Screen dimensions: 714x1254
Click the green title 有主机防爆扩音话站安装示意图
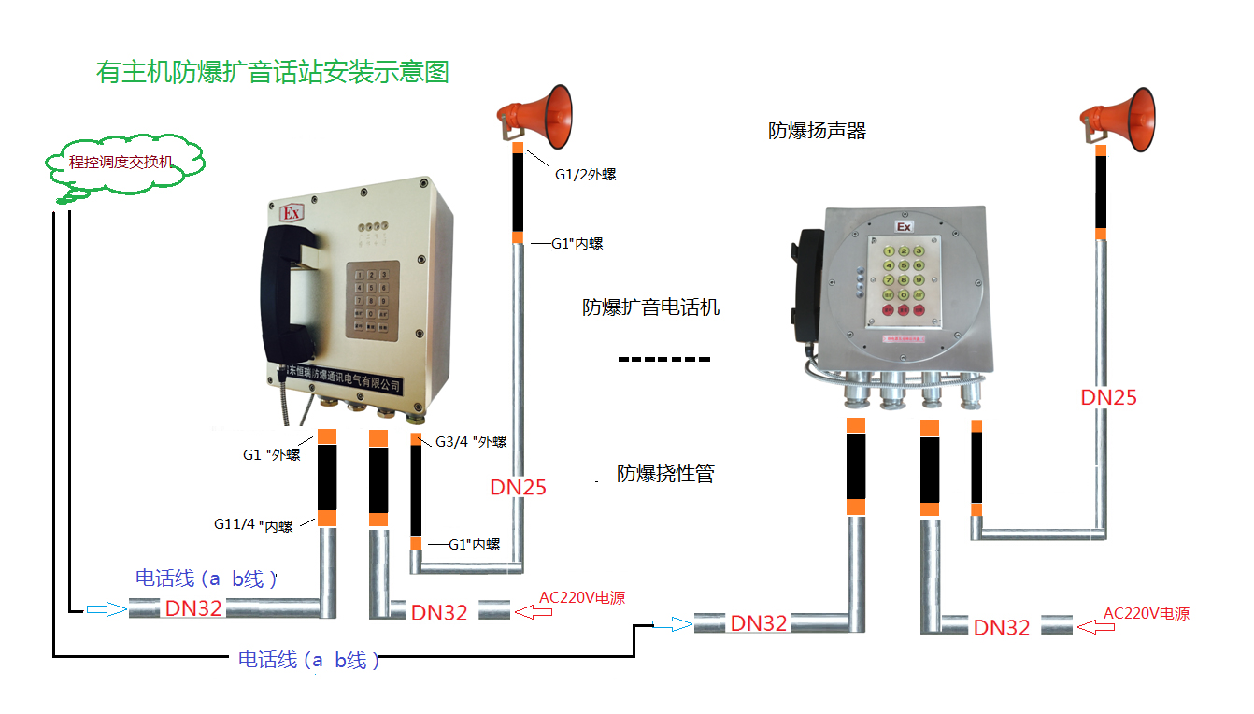point(273,72)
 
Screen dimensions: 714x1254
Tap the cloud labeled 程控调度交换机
point(122,163)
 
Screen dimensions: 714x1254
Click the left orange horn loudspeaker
point(540,115)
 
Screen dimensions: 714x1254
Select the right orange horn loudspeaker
point(1122,117)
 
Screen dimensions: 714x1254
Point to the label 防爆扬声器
point(817,131)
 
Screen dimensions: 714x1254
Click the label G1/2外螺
point(585,174)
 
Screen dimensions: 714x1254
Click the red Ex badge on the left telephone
point(292,214)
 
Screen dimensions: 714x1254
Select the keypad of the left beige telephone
point(373,297)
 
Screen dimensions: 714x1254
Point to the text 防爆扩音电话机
point(650,307)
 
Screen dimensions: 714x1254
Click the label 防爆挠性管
point(665,474)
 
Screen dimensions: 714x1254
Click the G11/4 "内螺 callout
point(253,526)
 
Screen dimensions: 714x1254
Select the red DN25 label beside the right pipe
point(1108,397)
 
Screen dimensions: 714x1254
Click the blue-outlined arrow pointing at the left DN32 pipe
point(106,609)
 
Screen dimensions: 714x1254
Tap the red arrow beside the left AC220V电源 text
point(533,611)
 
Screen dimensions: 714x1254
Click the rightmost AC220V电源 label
point(1147,614)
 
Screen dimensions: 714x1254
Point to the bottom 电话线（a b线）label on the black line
point(309,661)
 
